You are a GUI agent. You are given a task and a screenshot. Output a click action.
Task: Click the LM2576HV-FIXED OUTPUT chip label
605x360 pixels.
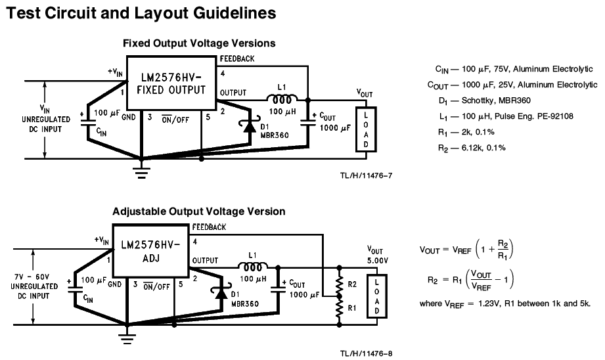pyautogui.click(x=171, y=84)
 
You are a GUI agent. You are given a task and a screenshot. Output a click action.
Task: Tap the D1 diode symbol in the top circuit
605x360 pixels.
pyautogui.click(x=250, y=126)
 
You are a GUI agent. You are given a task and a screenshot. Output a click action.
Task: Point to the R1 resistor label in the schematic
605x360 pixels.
pyautogui.click(x=353, y=307)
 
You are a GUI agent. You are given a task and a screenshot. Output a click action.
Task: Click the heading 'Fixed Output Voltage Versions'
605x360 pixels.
pyautogui.click(x=199, y=43)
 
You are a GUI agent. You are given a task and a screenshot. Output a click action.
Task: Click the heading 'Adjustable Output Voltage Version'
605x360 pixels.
pyautogui.click(x=198, y=212)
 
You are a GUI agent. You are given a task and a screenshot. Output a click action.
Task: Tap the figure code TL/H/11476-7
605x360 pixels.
pyautogui.click(x=366, y=176)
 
